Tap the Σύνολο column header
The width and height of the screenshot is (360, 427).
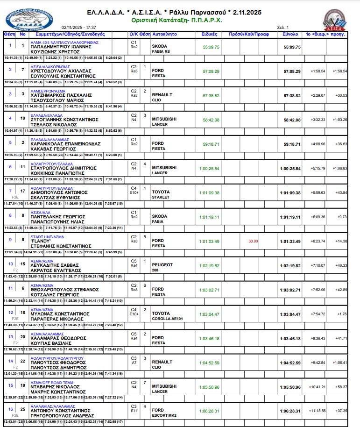290,35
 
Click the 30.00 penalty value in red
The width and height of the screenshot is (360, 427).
253,241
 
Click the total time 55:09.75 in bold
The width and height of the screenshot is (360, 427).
292,47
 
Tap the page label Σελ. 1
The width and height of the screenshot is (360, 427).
283,28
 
